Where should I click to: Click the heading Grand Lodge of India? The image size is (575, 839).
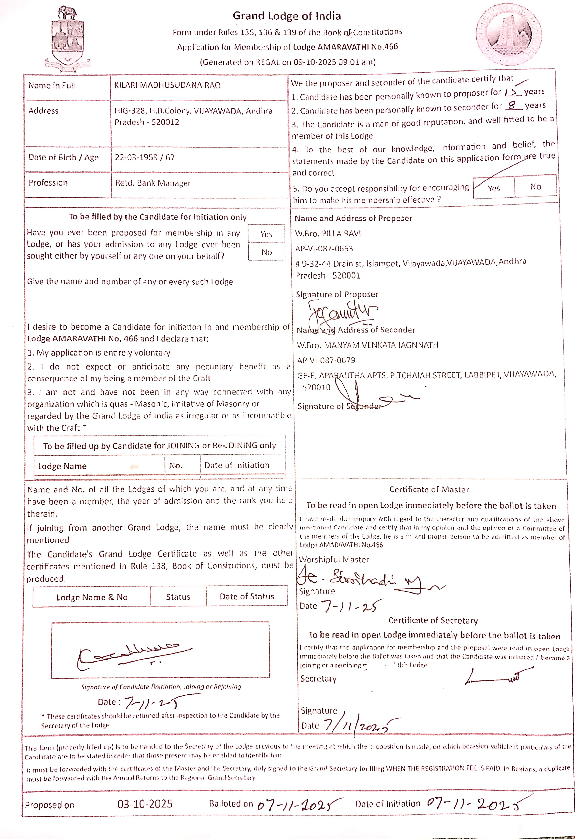click(287, 16)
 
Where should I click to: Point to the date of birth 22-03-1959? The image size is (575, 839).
click(136, 157)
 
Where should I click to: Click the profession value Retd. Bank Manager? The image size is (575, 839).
click(153, 183)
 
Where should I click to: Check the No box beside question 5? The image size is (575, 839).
click(535, 187)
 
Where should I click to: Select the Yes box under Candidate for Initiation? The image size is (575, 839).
click(266, 234)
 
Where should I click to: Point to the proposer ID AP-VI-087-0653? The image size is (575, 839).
click(324, 248)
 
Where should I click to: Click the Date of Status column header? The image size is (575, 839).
click(247, 596)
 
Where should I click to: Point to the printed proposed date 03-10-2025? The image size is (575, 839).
click(144, 804)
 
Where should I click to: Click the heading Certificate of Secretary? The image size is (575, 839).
click(433, 620)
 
